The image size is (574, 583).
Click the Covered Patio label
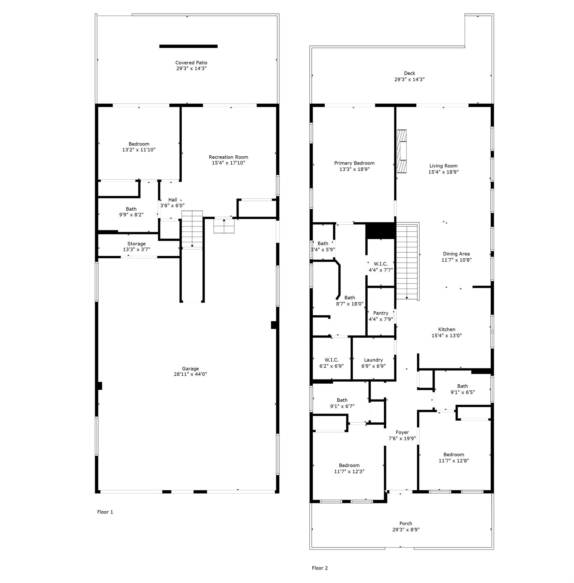click(x=191, y=63)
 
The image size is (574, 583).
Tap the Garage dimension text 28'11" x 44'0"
click(x=190, y=374)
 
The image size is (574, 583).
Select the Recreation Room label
click(x=228, y=157)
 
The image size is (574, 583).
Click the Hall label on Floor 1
click(x=173, y=200)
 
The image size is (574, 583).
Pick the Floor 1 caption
click(x=105, y=512)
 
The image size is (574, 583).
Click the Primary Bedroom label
click(x=354, y=163)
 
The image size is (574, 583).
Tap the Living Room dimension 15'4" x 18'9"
click(x=444, y=172)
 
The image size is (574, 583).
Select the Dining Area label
click(x=456, y=254)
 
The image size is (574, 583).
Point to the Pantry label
click(x=381, y=313)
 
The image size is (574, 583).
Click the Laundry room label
click(x=373, y=360)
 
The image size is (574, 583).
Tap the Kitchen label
click(x=447, y=329)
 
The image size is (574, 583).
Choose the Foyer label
click(x=402, y=432)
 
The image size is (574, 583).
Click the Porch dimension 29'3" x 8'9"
click(x=406, y=530)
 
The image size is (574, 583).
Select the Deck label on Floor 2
click(x=410, y=73)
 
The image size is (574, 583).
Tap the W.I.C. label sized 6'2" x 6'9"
click(x=331, y=360)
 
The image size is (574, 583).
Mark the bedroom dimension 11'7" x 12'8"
click(x=454, y=461)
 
